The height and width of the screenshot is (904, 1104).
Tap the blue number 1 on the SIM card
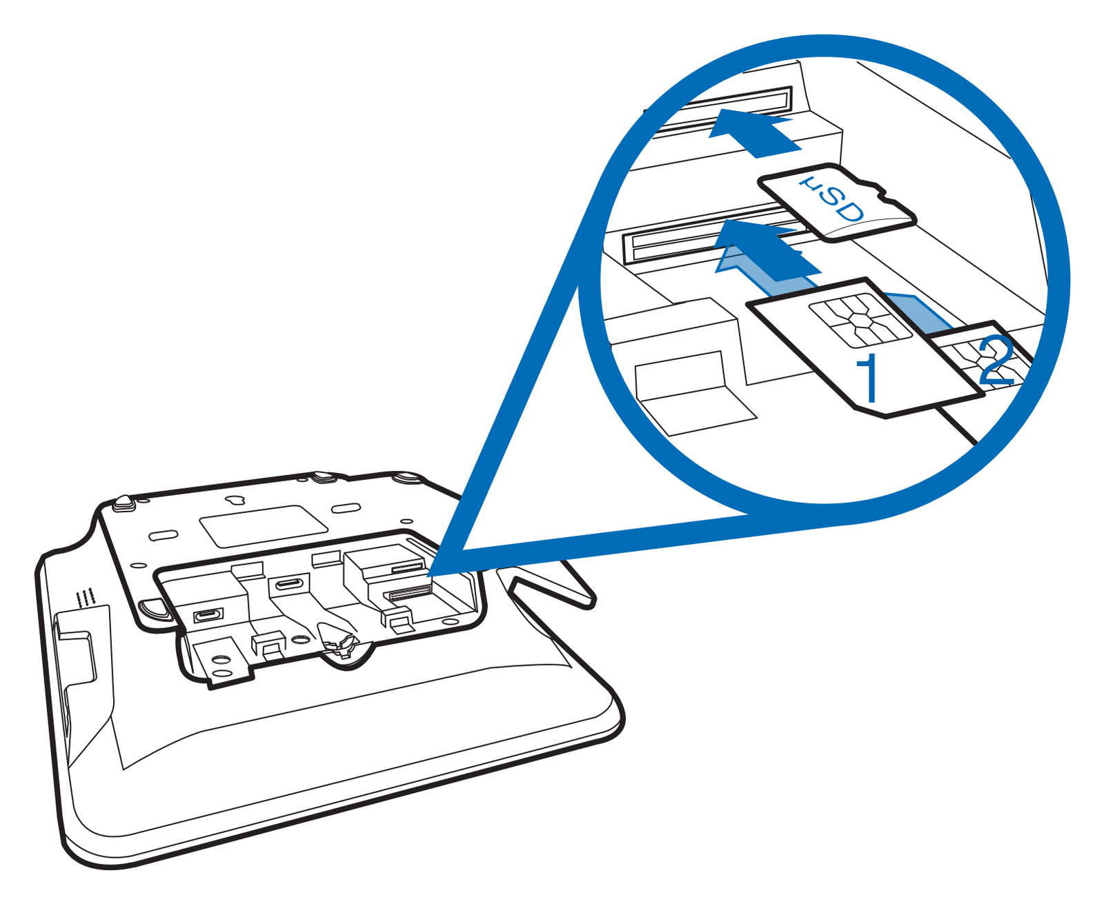pyautogui.click(x=867, y=379)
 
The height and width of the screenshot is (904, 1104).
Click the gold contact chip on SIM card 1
pyautogui.click(x=860, y=320)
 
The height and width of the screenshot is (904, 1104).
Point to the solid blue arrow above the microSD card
pyautogui.click(x=753, y=132)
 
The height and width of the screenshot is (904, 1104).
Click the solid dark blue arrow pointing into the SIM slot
pyautogui.click(x=767, y=248)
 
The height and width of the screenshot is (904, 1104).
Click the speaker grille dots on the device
pyautogui.click(x=86, y=597)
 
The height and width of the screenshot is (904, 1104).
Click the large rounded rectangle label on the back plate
pyautogui.click(x=264, y=525)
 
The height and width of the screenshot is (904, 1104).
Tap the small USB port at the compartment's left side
pyautogui.click(x=208, y=616)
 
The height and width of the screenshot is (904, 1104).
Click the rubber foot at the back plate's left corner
pyautogui.click(x=124, y=502)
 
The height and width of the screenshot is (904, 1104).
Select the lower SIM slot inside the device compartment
pyautogui.click(x=406, y=593)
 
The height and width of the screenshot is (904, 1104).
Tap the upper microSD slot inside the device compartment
pyautogui.click(x=408, y=567)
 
